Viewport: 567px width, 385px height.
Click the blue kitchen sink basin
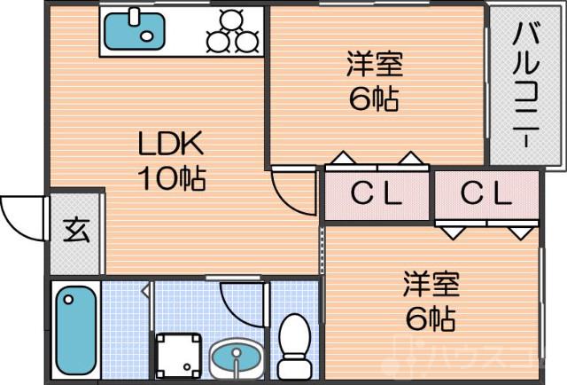point(134,30)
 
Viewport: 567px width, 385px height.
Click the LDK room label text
point(171,143)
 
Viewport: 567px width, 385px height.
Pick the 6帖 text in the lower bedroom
point(431,317)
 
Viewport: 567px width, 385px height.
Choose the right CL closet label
point(485,194)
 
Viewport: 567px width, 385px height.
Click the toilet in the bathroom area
point(292,346)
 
